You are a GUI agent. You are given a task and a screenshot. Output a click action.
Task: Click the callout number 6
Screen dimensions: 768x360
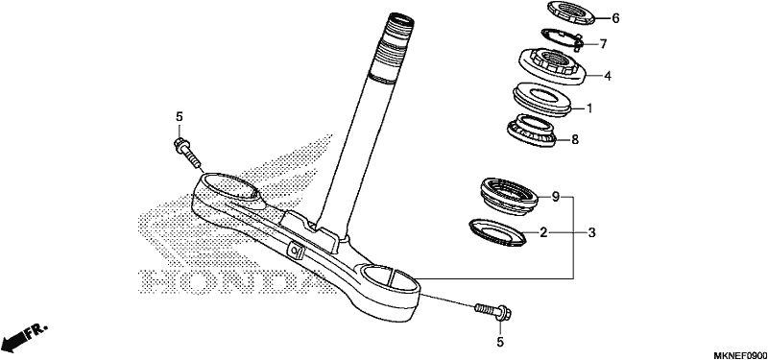point(615,18)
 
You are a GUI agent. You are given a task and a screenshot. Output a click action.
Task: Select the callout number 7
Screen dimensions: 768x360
point(603,44)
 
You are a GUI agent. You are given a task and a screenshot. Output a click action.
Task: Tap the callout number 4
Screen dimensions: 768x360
point(608,76)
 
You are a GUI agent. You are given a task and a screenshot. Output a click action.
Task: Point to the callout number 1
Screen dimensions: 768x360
point(589,108)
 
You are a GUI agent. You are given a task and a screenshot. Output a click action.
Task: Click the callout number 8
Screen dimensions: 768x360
point(575,139)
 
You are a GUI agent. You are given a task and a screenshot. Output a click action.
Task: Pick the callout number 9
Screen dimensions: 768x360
point(556,197)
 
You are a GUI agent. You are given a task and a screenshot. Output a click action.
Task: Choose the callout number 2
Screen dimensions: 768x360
point(543,232)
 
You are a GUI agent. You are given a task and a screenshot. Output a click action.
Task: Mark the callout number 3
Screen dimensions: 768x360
point(591,232)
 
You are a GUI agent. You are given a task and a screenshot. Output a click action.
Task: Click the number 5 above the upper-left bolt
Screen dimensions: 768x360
point(180,116)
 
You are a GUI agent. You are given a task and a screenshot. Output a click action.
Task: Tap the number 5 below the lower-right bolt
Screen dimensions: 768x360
point(500,342)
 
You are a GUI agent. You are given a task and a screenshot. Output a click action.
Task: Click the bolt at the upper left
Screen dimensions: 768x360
point(186,152)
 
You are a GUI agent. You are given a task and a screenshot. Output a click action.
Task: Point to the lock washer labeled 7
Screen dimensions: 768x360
point(561,39)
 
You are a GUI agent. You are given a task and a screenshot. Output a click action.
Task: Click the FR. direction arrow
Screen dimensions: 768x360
point(23,337)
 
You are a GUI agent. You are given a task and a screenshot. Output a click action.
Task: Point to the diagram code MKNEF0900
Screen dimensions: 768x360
point(740,354)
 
